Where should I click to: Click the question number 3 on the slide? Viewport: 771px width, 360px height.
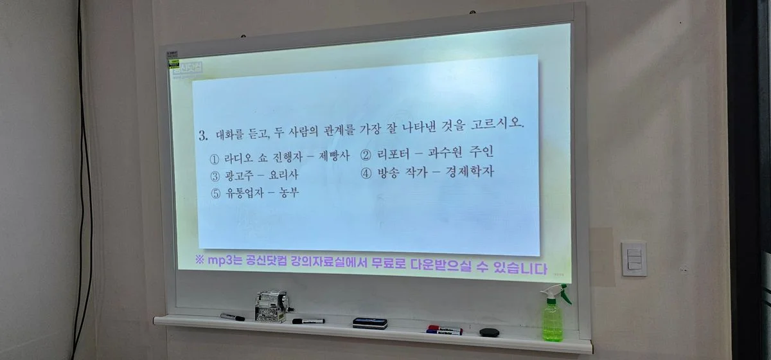[202, 136]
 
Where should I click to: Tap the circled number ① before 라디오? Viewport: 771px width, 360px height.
[215, 159]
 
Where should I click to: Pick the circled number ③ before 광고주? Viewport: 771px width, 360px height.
[215, 175]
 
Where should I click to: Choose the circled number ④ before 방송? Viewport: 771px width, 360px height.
[366, 172]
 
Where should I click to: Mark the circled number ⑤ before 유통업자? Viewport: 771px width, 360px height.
[215, 193]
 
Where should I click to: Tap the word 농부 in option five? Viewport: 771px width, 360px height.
[289, 192]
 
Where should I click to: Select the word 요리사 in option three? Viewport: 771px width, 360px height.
[282, 175]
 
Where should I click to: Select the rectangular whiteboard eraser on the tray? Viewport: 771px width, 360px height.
[370, 323]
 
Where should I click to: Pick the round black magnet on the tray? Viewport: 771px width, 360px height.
[489, 332]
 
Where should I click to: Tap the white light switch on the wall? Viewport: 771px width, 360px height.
[634, 258]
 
